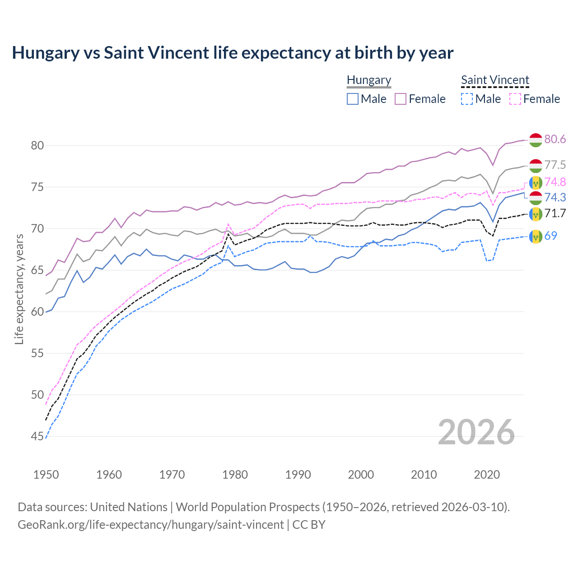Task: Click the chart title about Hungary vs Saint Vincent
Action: [x=233, y=53]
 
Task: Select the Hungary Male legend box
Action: [x=353, y=99]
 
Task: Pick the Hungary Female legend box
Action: [x=401, y=99]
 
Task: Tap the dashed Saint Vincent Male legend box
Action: [x=467, y=99]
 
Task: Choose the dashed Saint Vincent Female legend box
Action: [x=515, y=99]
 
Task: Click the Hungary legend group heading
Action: [x=369, y=80]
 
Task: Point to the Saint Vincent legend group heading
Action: [x=495, y=80]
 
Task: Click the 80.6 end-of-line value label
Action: [x=555, y=139]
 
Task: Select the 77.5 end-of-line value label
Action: [x=555, y=165]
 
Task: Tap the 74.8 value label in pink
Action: [x=555, y=182]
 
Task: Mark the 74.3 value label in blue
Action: [x=555, y=197]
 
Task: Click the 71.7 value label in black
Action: [x=555, y=213]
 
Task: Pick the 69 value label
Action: [x=550, y=235]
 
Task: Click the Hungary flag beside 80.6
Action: [x=536, y=140]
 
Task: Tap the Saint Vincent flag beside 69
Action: [x=536, y=236]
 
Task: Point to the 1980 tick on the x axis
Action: [x=235, y=475]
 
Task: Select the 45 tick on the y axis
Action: [x=37, y=436]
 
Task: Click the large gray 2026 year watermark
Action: [x=476, y=432]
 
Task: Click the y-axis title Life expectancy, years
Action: [x=19, y=289]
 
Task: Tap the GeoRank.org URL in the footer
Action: [x=150, y=525]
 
